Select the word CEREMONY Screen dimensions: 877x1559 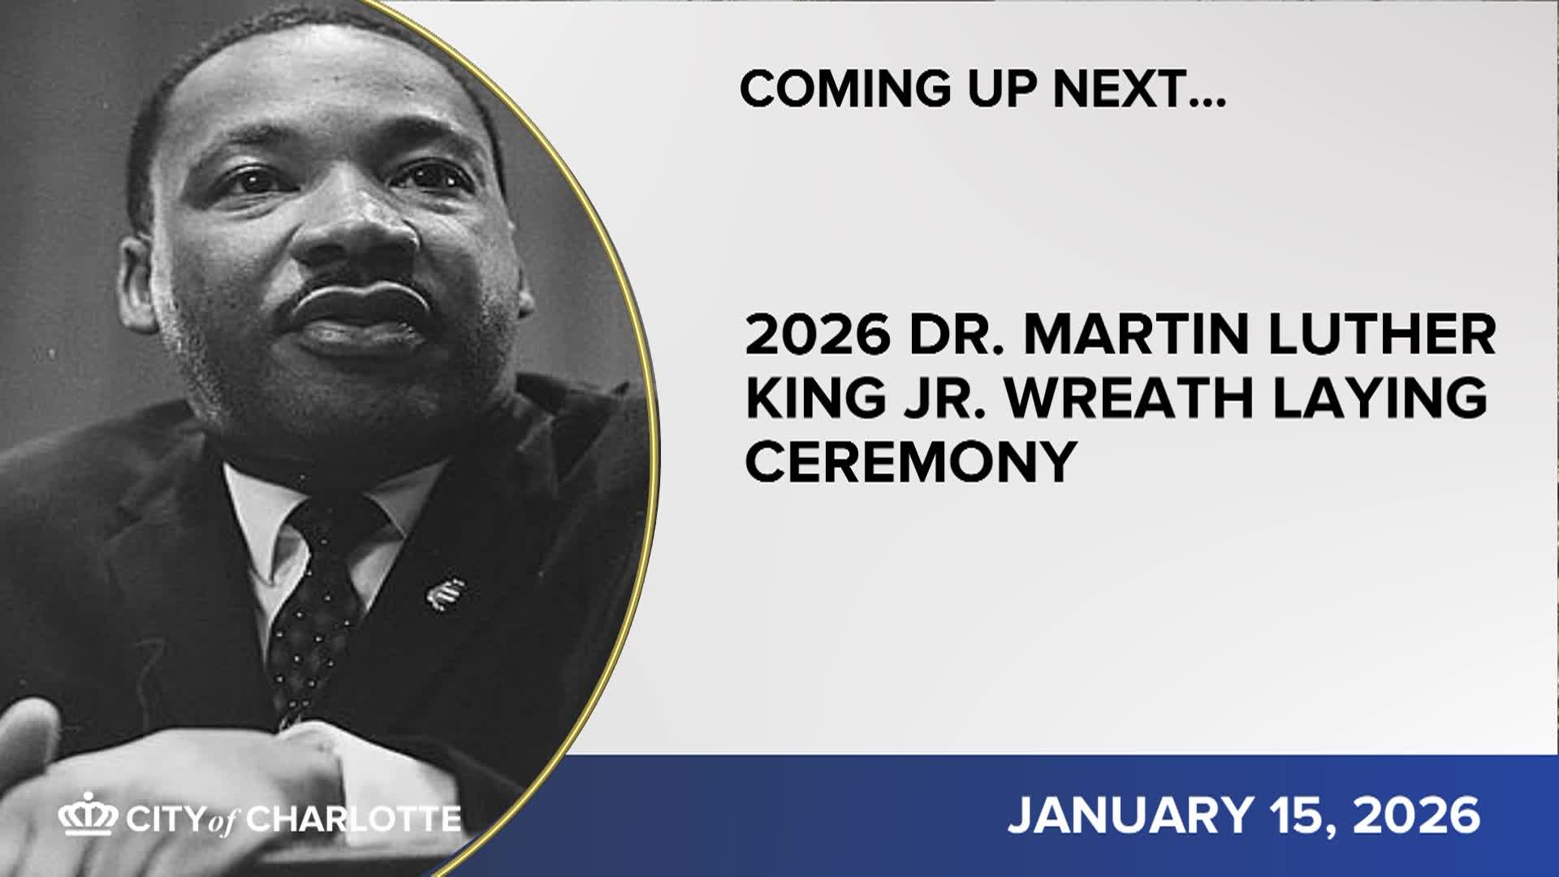(910, 461)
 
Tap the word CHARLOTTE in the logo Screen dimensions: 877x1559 (354, 819)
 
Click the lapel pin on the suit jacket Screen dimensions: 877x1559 (446, 594)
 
